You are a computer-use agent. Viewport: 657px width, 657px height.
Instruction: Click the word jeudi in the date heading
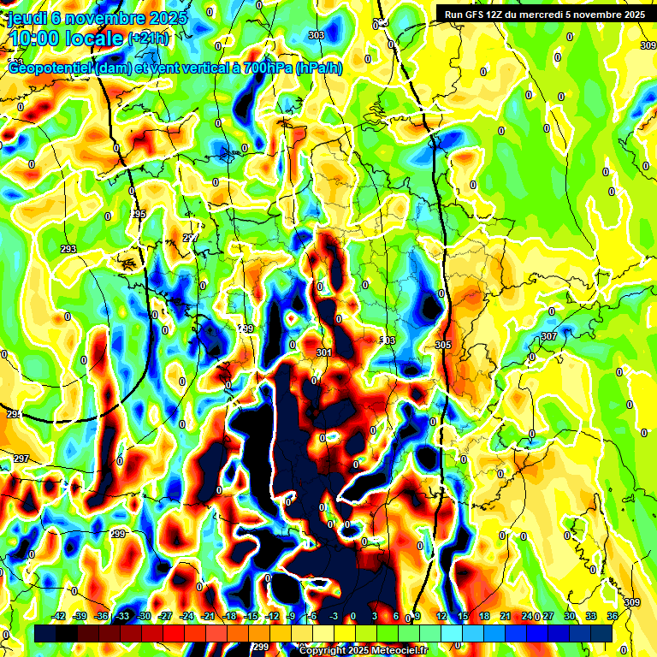tap(27, 18)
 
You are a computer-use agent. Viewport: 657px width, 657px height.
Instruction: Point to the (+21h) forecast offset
tap(149, 38)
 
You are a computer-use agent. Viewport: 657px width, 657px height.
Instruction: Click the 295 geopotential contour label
tap(139, 214)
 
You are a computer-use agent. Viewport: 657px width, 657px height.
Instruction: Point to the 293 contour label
tap(69, 249)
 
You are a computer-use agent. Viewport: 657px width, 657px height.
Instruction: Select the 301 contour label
tap(323, 352)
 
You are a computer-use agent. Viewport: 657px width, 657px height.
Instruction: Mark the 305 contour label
tap(442, 345)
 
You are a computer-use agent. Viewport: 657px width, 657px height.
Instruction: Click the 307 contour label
tap(548, 336)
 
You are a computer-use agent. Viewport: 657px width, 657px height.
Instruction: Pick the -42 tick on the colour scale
tap(59, 616)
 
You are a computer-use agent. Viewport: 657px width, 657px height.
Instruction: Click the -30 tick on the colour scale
tap(144, 616)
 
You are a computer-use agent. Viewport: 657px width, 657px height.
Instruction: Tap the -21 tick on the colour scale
tap(208, 616)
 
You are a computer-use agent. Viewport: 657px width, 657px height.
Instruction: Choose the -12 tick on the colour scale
tap(272, 616)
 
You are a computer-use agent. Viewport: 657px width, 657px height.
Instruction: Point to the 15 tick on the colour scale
tap(463, 616)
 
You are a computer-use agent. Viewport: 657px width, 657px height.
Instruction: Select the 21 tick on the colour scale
tap(506, 616)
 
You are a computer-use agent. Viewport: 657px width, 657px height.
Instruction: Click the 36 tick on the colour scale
tap(612, 616)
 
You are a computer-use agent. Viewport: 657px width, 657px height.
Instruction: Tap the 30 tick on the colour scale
tap(570, 616)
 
